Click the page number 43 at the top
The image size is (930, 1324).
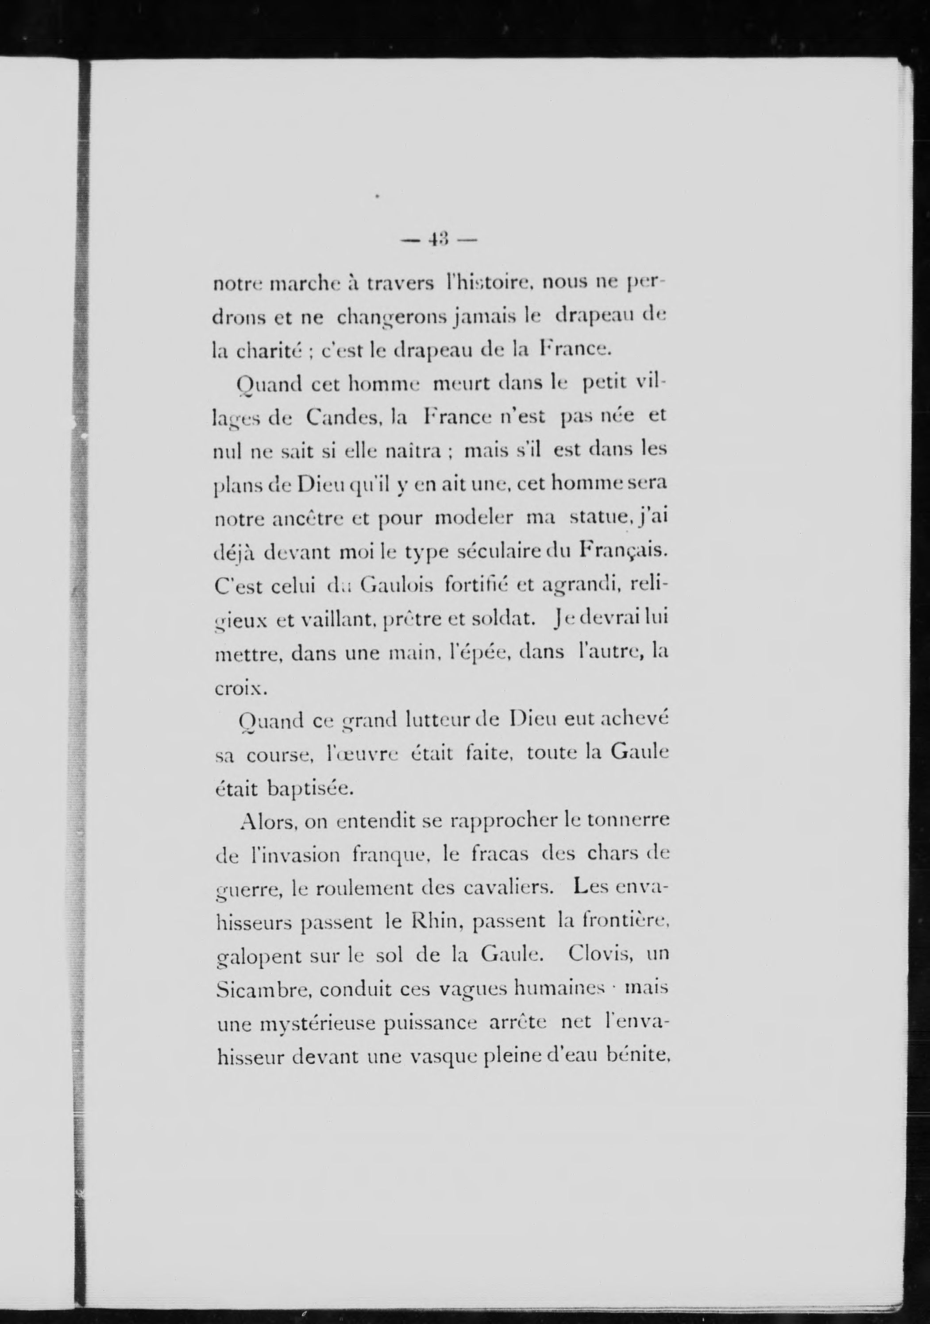(x=439, y=239)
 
